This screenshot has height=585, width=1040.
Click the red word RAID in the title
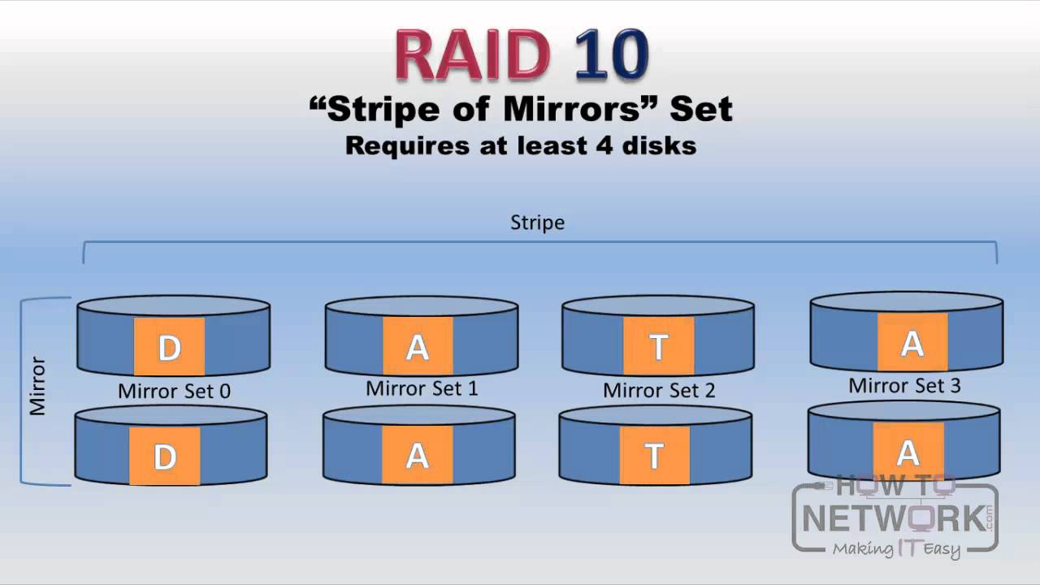[470, 56]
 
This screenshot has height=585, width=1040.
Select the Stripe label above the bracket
[537, 222]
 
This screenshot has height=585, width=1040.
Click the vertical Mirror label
[37, 385]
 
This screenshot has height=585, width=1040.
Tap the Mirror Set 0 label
[174, 391]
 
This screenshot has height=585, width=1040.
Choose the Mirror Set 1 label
[422, 388]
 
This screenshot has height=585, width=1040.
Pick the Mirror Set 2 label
[659, 391]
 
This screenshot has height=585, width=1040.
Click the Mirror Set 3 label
[904, 385]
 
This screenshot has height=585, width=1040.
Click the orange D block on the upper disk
[169, 347]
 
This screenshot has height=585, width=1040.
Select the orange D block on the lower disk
[164, 457]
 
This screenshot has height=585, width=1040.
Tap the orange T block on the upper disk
[659, 346]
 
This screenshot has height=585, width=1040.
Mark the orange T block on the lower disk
[654, 456]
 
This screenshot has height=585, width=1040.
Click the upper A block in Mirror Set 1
[418, 346]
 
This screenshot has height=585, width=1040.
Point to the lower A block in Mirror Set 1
[418, 456]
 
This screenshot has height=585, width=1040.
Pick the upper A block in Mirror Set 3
[912, 342]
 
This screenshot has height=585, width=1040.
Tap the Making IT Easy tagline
[896, 549]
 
